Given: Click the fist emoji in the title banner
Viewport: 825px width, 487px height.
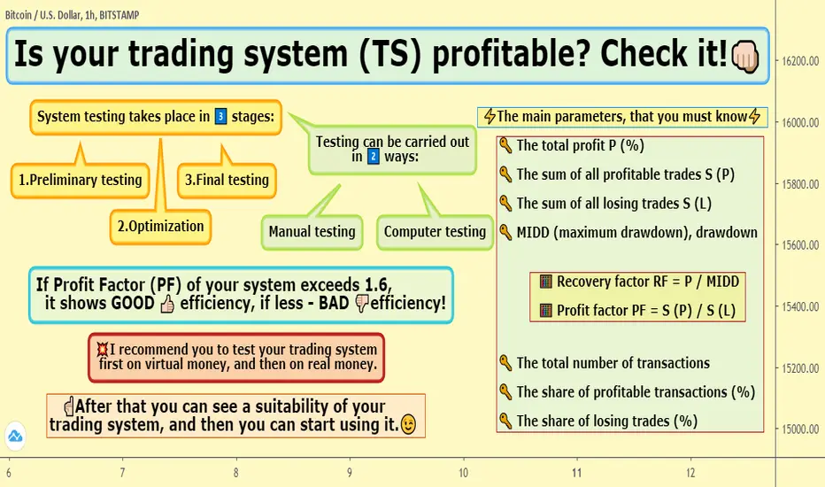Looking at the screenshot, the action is tap(745, 56).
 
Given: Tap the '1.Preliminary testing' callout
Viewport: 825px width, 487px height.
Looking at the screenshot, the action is tap(80, 180).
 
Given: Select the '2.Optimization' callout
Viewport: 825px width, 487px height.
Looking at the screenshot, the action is tap(160, 227).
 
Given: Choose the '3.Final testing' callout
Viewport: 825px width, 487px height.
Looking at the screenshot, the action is tap(227, 180).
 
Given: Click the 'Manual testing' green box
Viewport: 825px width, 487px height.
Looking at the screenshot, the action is tap(312, 232).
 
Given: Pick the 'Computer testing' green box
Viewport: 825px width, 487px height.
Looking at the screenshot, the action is tap(435, 232).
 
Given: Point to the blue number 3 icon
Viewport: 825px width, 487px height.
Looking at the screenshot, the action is tap(221, 116).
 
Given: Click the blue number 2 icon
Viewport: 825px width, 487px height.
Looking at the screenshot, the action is tap(373, 157).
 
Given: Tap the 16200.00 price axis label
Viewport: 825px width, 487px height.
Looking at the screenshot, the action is tap(800, 61).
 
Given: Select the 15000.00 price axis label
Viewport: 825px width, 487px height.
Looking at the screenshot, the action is tap(800, 429).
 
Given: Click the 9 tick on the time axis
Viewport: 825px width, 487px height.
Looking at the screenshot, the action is tap(350, 472).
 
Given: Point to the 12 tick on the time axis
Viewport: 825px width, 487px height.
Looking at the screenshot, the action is tap(690, 472).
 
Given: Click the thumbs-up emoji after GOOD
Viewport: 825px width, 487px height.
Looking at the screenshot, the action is tap(167, 304).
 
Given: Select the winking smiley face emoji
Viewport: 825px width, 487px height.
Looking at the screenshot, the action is tap(408, 424).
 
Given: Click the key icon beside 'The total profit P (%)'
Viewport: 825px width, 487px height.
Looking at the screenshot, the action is tap(505, 145).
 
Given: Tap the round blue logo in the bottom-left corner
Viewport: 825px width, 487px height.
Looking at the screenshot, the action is tap(15, 436).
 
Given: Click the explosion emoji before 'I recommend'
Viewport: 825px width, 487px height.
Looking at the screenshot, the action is tap(102, 349).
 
